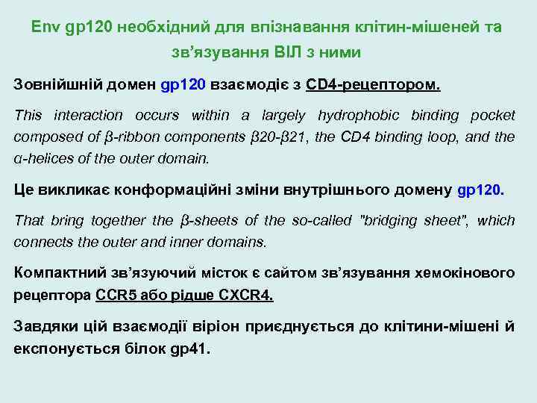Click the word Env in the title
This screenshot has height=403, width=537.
pos(46,28)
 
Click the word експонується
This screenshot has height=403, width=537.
pos(67,348)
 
